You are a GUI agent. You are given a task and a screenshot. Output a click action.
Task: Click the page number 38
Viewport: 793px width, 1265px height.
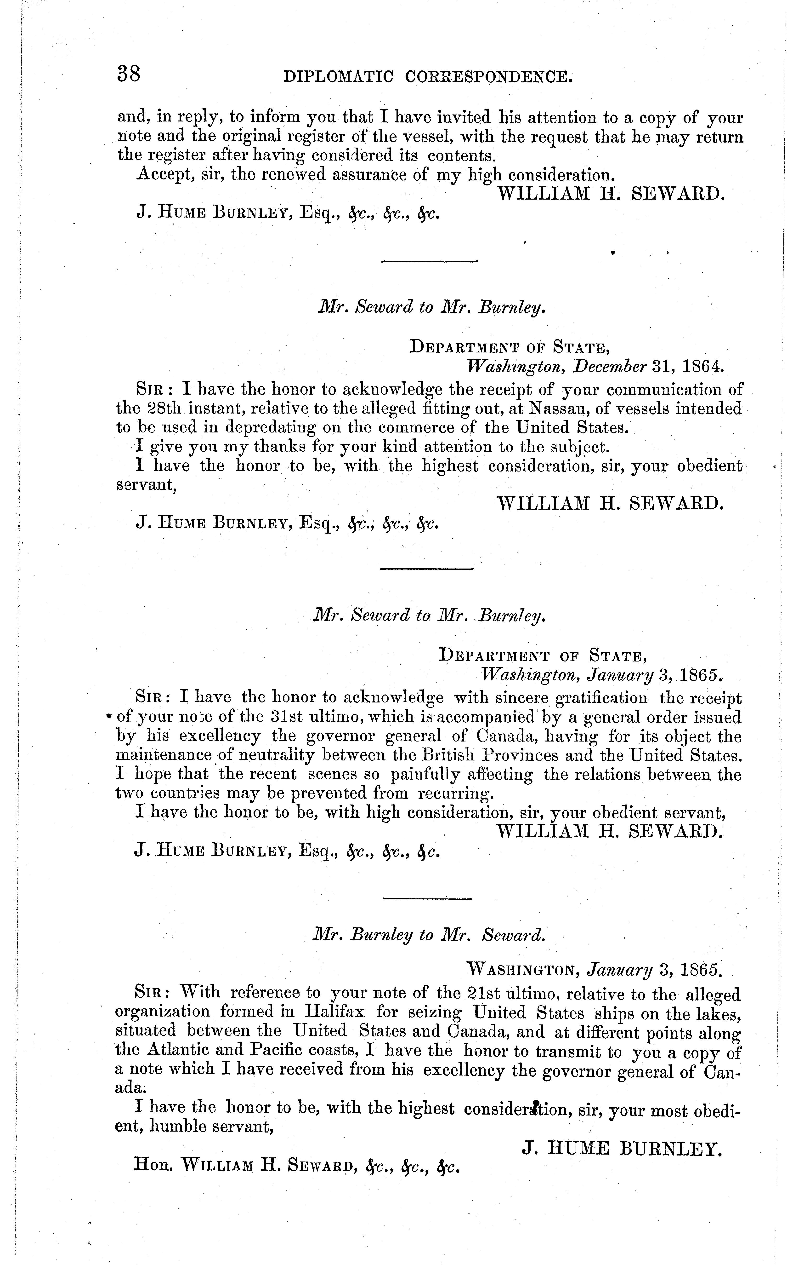(129, 74)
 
